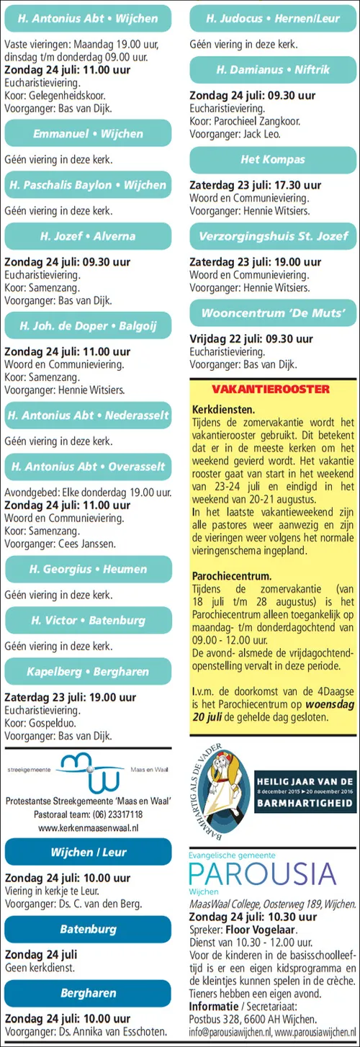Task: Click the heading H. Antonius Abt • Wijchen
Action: click(88, 17)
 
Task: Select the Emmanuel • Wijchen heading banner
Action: click(88, 134)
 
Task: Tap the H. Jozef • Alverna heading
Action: click(88, 236)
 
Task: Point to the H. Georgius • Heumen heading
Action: click(88, 569)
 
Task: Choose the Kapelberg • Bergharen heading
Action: click(88, 671)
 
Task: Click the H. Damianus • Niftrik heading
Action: click(273, 70)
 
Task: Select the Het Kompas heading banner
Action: click(273, 160)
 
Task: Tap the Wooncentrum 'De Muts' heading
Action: click(273, 313)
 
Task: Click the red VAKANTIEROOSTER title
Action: click(273, 390)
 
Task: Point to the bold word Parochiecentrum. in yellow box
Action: click(232, 576)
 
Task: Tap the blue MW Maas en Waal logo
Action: click(89, 772)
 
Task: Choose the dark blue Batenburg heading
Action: click(88, 930)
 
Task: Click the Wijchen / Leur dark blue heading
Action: click(88, 852)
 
